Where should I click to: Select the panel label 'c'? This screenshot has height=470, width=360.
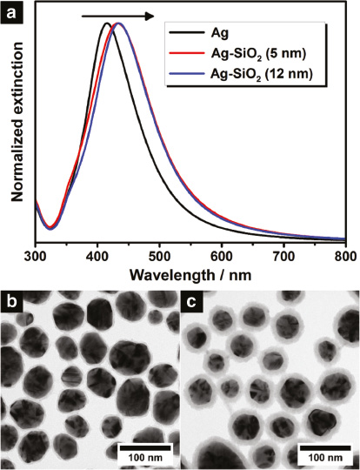coord(192,302)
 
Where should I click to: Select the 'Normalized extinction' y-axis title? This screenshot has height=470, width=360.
coord(15,126)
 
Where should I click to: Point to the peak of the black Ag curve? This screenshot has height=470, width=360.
coord(105,23)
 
